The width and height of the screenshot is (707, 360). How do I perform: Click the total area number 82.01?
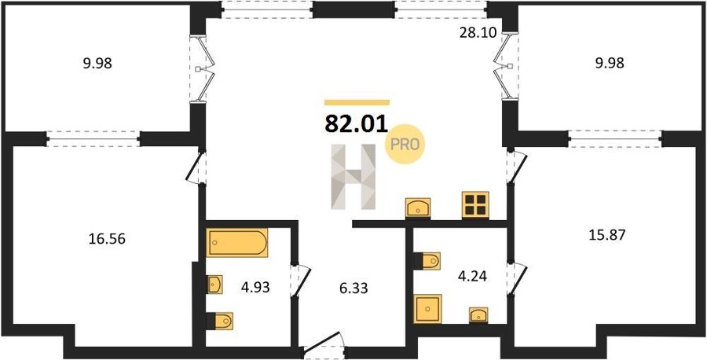(x=356, y=123)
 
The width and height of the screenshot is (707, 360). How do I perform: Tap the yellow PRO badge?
(x=405, y=144)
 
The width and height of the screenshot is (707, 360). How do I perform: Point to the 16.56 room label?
(x=107, y=239)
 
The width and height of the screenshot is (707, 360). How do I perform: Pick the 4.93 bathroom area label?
(x=255, y=287)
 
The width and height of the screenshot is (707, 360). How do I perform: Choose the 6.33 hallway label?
(x=353, y=288)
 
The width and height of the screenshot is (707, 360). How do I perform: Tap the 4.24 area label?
(x=472, y=276)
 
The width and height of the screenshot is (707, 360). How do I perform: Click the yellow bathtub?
(x=237, y=242)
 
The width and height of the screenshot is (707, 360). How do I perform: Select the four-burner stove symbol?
(x=475, y=205)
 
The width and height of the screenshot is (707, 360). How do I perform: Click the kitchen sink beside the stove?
(x=418, y=208)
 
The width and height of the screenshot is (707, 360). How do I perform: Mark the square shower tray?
(x=427, y=309)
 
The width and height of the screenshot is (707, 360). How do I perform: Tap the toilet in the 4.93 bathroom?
(x=220, y=321)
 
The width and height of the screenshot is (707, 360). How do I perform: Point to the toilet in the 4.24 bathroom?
(x=427, y=261)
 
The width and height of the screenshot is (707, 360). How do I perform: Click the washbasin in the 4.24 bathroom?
(x=478, y=315)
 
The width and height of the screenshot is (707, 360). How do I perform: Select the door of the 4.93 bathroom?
(x=300, y=281)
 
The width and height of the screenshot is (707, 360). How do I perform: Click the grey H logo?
(x=353, y=177)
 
